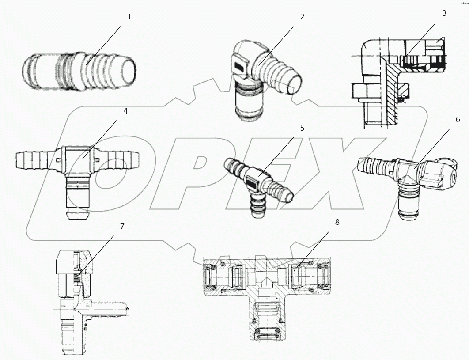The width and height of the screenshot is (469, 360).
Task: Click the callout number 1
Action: pos(129,17)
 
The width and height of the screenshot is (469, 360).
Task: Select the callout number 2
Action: pos(302,17)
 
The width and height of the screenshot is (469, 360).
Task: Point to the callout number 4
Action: pos(125,111)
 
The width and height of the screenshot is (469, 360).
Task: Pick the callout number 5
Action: pos(302,128)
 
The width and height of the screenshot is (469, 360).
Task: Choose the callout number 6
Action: pos(458,120)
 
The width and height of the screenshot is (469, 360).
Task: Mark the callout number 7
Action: pos(122,226)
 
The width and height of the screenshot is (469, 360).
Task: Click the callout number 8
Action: pos(337,222)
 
